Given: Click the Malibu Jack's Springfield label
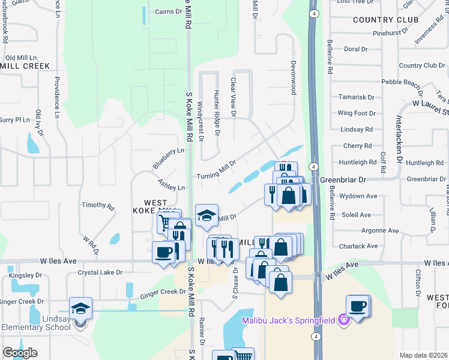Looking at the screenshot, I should [289, 320].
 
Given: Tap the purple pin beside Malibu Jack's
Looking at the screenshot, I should [343, 320].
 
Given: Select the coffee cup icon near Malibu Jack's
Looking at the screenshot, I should [358, 307].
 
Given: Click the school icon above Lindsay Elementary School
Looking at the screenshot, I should [80, 309].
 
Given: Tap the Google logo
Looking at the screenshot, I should [20, 353].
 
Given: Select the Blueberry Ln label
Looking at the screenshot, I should [168, 158].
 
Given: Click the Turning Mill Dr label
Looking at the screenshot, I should [217, 171].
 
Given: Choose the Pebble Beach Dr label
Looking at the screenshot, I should [403, 82].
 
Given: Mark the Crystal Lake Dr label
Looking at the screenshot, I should [100, 272].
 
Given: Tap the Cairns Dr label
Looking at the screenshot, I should [169, 11].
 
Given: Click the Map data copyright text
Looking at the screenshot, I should [423, 355].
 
